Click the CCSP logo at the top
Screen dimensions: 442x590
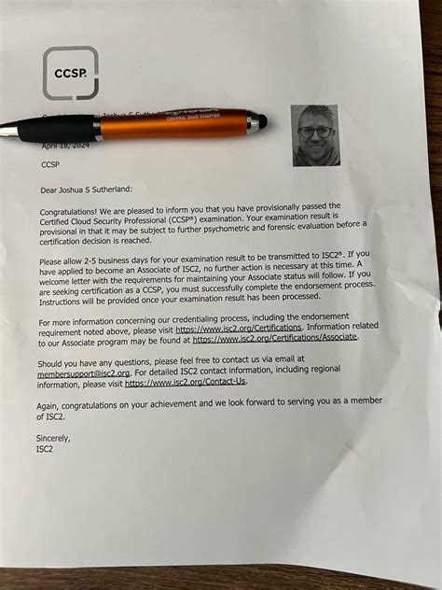pyautogui.click(x=70, y=72)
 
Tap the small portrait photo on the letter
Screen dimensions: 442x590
pyautogui.click(x=316, y=134)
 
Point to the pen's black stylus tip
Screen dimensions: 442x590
pyautogui.click(x=262, y=120)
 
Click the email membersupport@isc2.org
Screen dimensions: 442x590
pyautogui.click(x=79, y=372)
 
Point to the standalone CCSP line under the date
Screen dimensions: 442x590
pyautogui.click(x=50, y=165)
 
